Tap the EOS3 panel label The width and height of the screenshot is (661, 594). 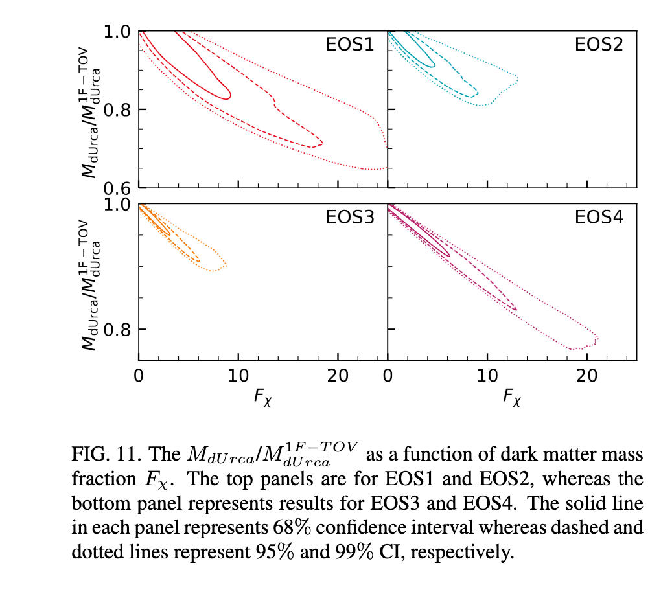click(350, 217)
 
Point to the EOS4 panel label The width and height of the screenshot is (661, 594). click(599, 217)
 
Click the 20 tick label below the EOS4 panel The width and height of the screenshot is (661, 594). click(586, 376)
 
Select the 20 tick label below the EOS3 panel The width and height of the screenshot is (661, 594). click(338, 376)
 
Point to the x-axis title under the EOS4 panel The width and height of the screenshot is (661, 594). click(512, 396)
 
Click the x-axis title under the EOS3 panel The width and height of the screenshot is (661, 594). click(262, 396)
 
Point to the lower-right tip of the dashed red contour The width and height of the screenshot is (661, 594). click(321, 143)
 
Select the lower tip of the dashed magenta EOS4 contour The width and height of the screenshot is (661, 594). click(516, 309)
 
